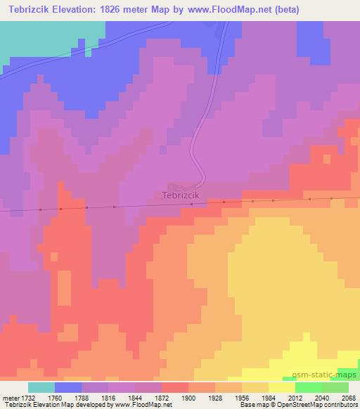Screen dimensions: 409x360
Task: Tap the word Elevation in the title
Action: (x=83, y=10)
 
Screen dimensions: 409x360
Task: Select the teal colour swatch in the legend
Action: (x=41, y=387)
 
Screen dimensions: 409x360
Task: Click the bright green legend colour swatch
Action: (x=309, y=387)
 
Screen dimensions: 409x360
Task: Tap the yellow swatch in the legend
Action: (x=282, y=387)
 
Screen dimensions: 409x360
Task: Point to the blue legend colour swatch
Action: (x=68, y=387)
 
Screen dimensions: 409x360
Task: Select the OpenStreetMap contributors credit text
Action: (x=325, y=405)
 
